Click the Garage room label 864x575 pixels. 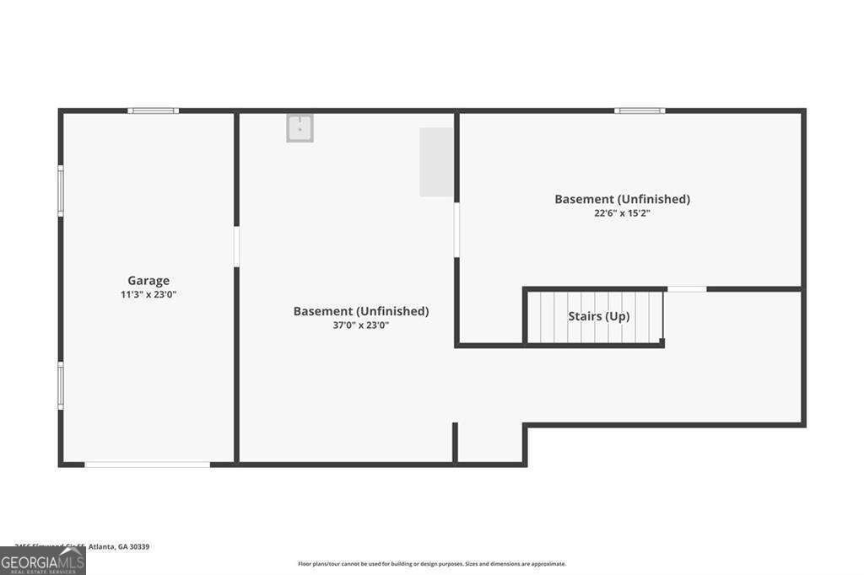[148, 281]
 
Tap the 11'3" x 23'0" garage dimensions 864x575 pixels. [148, 294]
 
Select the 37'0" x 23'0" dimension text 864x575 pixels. [360, 325]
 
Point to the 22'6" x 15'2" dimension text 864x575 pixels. [622, 213]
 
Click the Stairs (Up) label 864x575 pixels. [598, 316]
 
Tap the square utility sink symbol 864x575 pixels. [300, 128]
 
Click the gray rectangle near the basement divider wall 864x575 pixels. [436, 162]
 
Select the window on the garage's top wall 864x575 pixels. [153, 110]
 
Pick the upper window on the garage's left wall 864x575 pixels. [61, 191]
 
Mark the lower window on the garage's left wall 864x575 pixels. [61, 386]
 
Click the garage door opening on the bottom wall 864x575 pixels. [147, 464]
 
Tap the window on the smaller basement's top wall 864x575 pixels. [639, 110]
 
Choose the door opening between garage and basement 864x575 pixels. [236, 246]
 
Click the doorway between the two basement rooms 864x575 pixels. [456, 229]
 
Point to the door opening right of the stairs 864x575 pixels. [686, 289]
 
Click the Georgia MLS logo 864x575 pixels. [42, 561]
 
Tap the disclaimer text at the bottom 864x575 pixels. [431, 564]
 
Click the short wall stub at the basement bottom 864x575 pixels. [455, 442]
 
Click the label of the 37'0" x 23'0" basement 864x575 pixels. [360, 311]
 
